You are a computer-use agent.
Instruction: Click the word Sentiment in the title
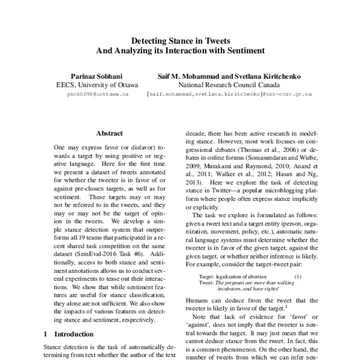(x=244, y=52)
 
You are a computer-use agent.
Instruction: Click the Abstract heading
(x=110, y=133)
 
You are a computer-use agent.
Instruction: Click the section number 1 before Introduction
(x=46, y=333)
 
